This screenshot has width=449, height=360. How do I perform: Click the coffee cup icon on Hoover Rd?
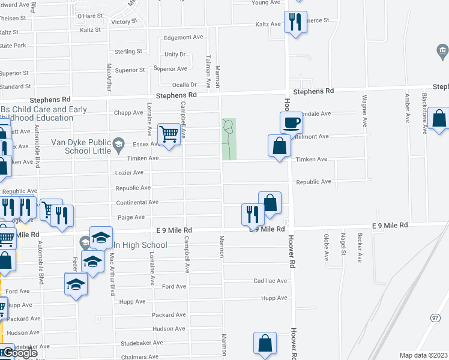(x=291, y=122)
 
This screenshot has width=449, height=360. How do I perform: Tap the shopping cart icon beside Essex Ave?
(x=169, y=134)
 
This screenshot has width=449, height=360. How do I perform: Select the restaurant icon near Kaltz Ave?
(x=294, y=23)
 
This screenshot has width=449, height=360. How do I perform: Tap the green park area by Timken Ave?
(x=229, y=139)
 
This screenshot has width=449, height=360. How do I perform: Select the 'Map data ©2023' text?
(x=424, y=355)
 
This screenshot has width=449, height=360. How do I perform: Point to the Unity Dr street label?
(x=175, y=54)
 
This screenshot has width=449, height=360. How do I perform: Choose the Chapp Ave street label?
(x=128, y=112)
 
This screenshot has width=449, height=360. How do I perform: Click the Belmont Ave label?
(x=315, y=136)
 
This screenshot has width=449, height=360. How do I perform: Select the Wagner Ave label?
(x=364, y=112)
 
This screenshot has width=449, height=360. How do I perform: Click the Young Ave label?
(x=266, y=2)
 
